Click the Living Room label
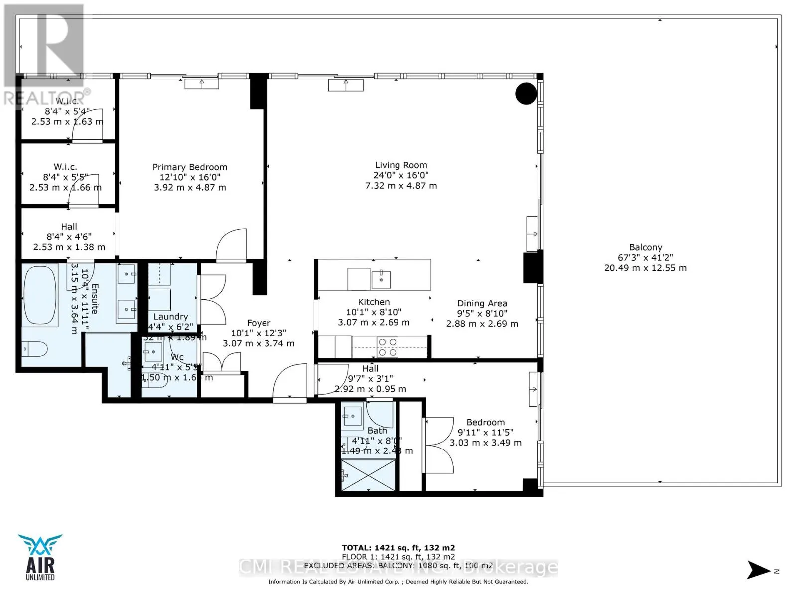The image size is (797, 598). (x=400, y=165)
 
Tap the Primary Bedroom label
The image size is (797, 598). (x=189, y=167)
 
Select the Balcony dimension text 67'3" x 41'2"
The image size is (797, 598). (x=645, y=257)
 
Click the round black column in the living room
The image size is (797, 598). (x=526, y=93)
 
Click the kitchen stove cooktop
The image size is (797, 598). (x=387, y=347)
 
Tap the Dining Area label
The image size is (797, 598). (x=482, y=303)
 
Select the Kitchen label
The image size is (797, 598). (x=374, y=302)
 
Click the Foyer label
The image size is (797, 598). (x=259, y=323)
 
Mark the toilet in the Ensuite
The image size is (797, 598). (x=34, y=348)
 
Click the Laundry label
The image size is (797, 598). (x=170, y=316)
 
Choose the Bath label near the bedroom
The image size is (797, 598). (x=377, y=430)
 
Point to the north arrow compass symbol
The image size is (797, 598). (x=760, y=570)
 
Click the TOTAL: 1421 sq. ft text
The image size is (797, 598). (x=398, y=547)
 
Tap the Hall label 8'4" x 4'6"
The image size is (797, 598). (x=69, y=226)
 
